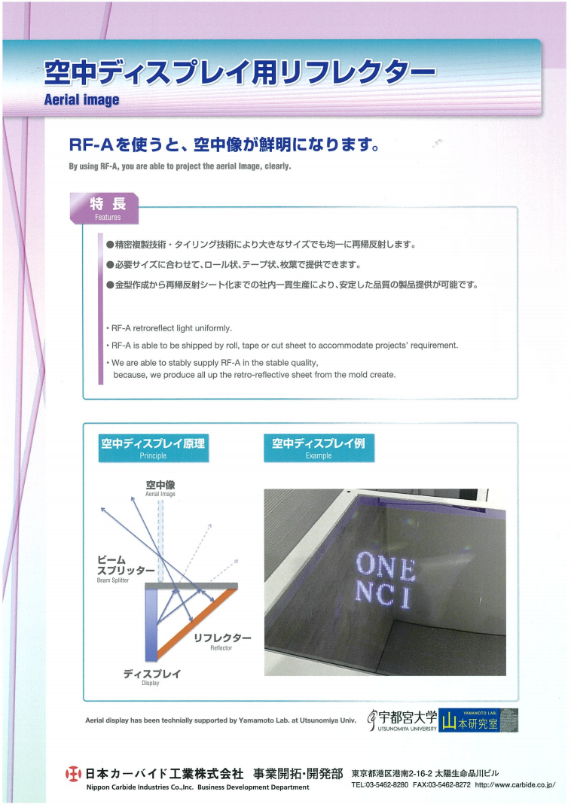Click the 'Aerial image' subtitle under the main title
pos(81,100)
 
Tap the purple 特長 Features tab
pos(105,209)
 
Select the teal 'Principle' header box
pos(154,448)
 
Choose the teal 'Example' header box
pos(319,448)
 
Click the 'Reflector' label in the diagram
pos(222,641)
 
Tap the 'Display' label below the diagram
pos(151,677)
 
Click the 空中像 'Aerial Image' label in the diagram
pos(160,488)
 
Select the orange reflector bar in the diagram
pos(197,624)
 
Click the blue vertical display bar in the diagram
pos(151,625)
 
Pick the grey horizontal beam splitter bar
pos(191,586)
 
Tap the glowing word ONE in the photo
pos(386,566)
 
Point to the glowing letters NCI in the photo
pos(383,595)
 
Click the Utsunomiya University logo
pos(402,720)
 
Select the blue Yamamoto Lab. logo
pos(478,720)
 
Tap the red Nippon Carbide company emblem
pos(74,774)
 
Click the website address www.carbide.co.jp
pos(515,785)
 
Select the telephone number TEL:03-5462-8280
pos(380,785)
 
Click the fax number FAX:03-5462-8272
pos(441,785)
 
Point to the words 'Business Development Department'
pos(253,787)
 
